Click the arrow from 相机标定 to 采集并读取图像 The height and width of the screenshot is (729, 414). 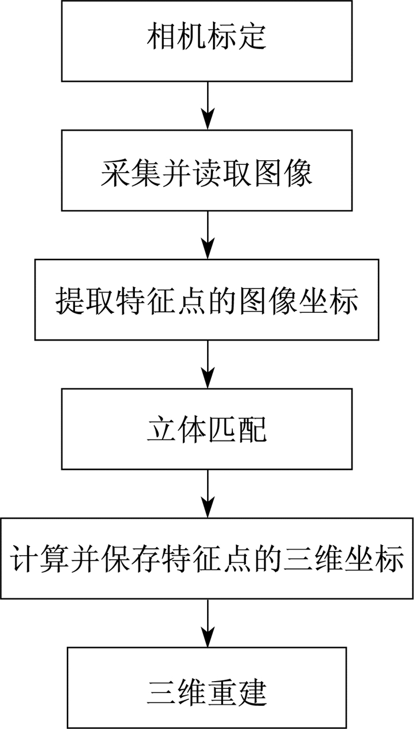click(x=208, y=106)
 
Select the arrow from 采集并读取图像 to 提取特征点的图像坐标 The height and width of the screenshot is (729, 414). click(x=208, y=235)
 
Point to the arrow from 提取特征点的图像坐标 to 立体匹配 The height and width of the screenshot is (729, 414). click(x=208, y=364)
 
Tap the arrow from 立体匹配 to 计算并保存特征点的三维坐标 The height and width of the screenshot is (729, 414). click(x=208, y=494)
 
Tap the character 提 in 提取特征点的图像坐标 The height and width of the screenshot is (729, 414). click(x=69, y=301)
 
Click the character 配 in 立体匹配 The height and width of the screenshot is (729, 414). click(x=252, y=429)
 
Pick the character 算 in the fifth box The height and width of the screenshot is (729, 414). click(x=54, y=559)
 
